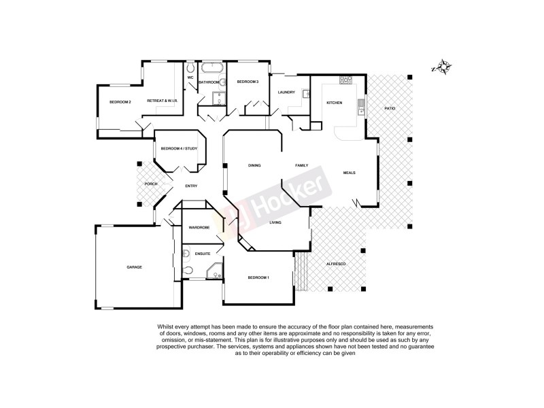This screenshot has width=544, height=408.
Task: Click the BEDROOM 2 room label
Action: click(x=120, y=102)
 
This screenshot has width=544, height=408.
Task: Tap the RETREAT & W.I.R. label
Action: click(x=162, y=101)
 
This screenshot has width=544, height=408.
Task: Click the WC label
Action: click(x=191, y=78)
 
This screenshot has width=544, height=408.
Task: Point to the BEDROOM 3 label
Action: click(x=248, y=82)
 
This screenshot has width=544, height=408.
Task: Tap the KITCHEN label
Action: click(x=334, y=103)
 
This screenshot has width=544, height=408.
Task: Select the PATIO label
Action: click(x=390, y=108)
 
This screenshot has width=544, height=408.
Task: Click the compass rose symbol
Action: click(x=443, y=67)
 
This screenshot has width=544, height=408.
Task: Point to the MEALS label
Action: click(x=350, y=173)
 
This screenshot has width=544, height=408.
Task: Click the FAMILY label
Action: click(x=301, y=165)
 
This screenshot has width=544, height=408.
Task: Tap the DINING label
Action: click(x=254, y=165)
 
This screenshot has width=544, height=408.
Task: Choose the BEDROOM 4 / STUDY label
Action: click(x=179, y=148)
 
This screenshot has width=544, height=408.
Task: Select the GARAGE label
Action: click(x=134, y=267)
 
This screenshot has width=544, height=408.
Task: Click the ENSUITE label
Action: click(x=203, y=254)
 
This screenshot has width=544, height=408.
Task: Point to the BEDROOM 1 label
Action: click(x=258, y=277)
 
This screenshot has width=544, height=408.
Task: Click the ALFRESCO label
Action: click(x=337, y=263)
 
